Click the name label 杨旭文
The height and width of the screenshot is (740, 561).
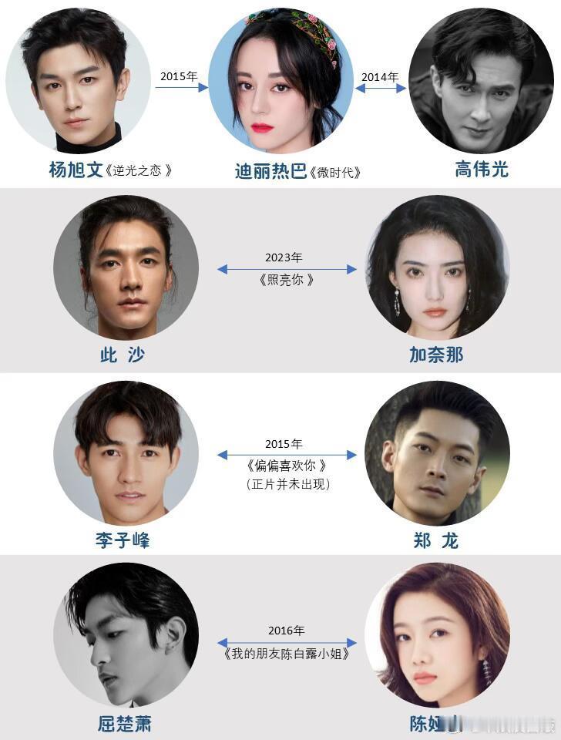76,170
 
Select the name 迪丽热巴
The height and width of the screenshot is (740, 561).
270,171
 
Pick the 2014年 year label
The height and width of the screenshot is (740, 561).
381,76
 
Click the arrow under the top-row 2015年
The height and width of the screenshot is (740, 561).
181,88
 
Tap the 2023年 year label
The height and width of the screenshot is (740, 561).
284,257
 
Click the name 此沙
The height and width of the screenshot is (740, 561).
123,355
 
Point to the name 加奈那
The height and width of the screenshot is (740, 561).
436,355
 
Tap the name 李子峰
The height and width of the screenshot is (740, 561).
123,540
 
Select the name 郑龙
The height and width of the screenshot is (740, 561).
436,540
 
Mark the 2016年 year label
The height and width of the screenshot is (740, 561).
286,631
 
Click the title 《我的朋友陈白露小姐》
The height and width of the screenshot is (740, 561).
287,654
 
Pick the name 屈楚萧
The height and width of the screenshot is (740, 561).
123,724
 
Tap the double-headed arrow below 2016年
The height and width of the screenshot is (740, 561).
287,642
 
